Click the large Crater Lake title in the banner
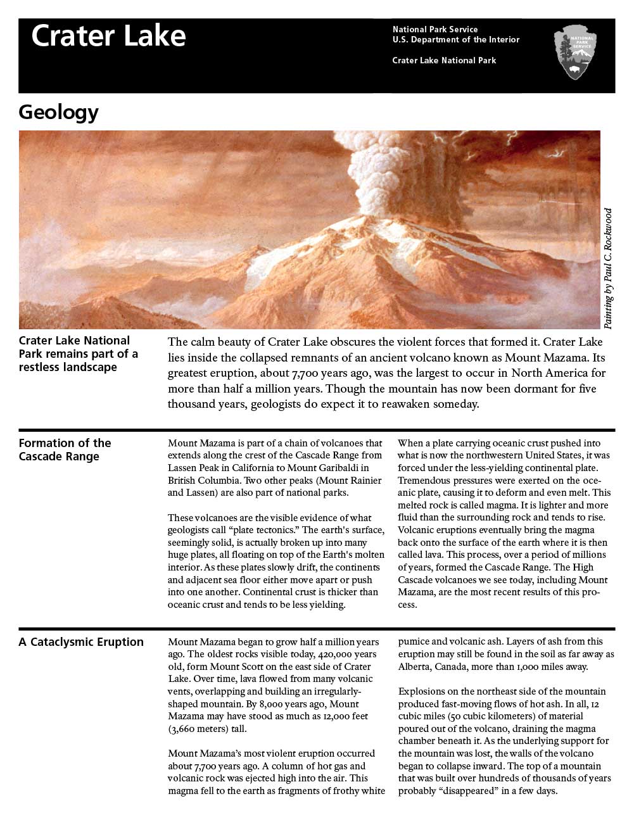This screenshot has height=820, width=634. pos(108,36)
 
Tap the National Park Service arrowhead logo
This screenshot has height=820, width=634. pos(575,53)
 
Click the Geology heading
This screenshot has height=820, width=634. pos(59,112)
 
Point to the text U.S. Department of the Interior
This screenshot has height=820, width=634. pos(455,40)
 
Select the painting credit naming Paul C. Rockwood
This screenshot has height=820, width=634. pos(608,268)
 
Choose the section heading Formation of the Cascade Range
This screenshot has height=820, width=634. pos(65,450)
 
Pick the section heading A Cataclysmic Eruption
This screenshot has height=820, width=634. pos(81,642)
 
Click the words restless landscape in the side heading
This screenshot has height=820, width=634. pos(68,367)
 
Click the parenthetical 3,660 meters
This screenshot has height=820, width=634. pos(203,729)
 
